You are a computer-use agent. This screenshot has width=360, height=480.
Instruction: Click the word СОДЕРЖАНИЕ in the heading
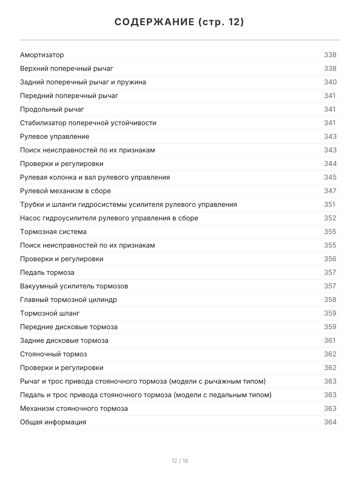coord(154,22)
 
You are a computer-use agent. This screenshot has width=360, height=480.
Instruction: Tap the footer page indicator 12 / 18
coord(180,461)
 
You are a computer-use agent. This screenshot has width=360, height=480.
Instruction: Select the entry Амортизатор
coord(42,55)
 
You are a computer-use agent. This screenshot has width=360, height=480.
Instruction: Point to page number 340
coord(330,82)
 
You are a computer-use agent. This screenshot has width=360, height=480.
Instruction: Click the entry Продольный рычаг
coord(52,109)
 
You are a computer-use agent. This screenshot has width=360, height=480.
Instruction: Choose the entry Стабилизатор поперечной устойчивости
coord(88,123)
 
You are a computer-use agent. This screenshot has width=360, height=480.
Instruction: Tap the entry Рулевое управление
coord(54,136)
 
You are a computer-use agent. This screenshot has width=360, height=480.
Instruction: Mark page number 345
coord(330,177)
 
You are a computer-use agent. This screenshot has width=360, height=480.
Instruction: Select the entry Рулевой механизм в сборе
coord(66,191)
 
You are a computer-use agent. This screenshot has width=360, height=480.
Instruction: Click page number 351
coord(330,204)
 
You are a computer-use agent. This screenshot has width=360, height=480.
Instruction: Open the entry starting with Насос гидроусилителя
coord(109,218)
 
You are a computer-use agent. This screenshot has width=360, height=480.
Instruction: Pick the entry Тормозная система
coord(53,232)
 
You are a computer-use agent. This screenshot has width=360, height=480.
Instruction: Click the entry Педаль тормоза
coord(47,272)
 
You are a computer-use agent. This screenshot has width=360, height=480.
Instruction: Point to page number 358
coord(330,300)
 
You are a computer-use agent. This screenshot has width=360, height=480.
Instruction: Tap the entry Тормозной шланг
coord(50,313)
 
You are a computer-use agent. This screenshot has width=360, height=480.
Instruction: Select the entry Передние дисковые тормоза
coord(69,327)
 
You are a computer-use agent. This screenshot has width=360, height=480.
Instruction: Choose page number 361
coord(330,340)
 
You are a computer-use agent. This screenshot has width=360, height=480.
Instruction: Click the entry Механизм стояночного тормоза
coord(74,408)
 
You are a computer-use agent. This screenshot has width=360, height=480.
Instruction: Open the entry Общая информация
coord(53,422)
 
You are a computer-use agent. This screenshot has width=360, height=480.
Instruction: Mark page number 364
coord(330,422)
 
